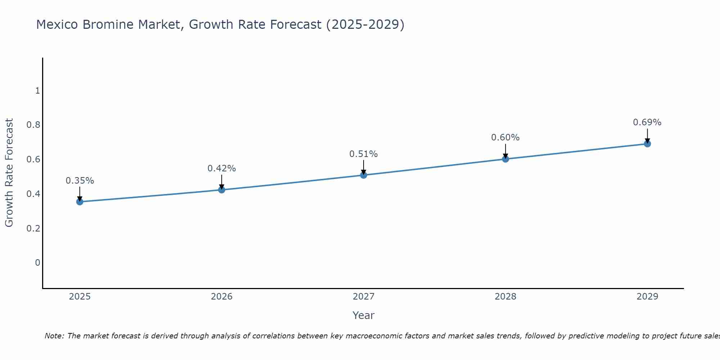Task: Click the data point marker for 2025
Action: pos(80,202)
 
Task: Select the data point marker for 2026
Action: pos(222,190)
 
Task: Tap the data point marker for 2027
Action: pos(364,175)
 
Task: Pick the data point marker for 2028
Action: pos(505,159)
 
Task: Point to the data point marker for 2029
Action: pos(647,144)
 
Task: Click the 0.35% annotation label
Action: pos(80,181)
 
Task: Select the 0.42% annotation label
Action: pos(222,168)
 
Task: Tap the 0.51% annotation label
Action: pos(364,154)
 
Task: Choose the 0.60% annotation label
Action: pos(505,138)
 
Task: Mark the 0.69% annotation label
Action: pos(647,122)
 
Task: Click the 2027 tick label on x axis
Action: pos(364,297)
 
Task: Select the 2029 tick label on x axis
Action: pos(647,297)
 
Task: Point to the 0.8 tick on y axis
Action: pos(33,125)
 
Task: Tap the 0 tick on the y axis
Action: pos(37,263)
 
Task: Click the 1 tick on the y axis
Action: pos(37,91)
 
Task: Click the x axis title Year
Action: pos(364,315)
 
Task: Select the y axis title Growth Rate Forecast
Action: pos(9,173)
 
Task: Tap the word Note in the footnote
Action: pos(54,336)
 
